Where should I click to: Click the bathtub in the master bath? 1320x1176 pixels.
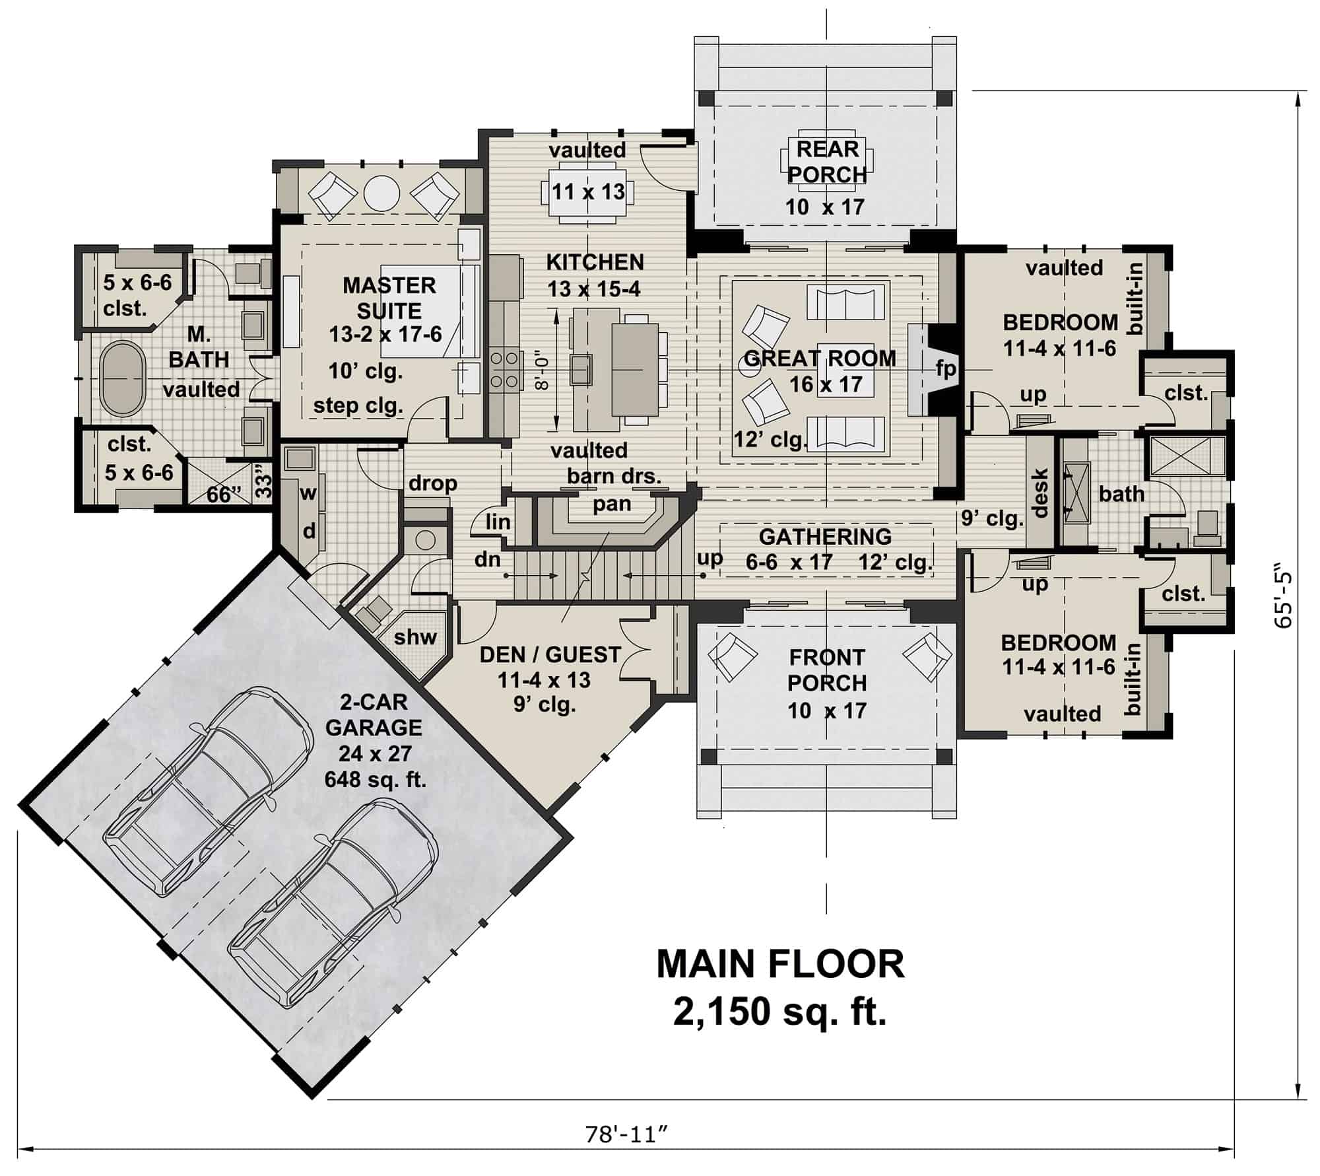[122, 379]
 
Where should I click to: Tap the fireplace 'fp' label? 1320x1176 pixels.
[946, 368]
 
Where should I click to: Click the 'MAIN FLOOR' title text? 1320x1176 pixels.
[780, 965]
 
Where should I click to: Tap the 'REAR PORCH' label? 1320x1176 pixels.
[827, 162]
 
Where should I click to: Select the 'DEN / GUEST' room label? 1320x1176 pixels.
[550, 654]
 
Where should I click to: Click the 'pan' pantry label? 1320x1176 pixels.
[612, 504]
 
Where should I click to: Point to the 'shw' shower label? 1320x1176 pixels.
[416, 637]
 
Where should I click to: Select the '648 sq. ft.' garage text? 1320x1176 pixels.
[375, 780]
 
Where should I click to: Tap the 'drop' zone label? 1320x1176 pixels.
[432, 483]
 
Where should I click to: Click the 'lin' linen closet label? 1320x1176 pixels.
[498, 522]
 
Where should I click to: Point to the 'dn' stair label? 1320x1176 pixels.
[488, 560]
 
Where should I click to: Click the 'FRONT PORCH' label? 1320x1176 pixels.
[826, 670]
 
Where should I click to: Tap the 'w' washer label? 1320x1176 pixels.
[308, 493]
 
